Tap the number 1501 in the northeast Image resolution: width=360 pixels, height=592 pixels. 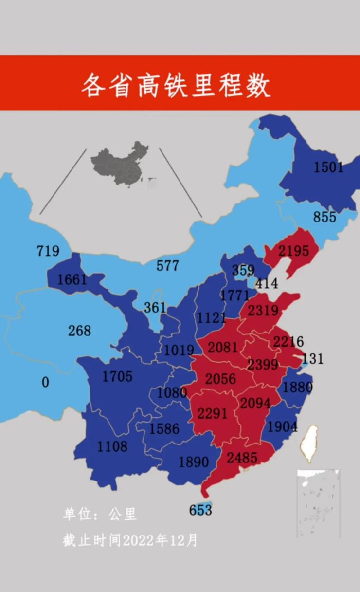coord(328,167)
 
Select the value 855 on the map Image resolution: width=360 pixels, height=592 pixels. coord(324,217)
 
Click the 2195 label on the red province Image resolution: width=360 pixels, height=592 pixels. coord(293,251)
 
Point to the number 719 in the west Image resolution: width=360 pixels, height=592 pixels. coord(48,251)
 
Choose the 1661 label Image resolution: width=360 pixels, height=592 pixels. coord(72,280)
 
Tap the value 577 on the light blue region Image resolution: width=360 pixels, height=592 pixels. coord(167,266)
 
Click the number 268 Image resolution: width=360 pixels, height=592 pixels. coord(79,331)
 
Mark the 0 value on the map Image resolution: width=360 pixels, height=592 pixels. coord(45,383)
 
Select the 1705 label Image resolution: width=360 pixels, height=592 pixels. coord(117,376)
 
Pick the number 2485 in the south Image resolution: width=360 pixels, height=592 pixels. coord(241,458)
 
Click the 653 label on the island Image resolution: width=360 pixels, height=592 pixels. coord(200,510)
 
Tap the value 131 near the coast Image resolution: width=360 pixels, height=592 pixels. coord(312,359)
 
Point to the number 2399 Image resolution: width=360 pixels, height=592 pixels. coord(263,364)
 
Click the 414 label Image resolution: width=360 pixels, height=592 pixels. coord(267,283)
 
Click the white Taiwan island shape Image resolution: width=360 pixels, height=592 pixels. coord(308,444)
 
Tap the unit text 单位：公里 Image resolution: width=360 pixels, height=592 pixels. coord(100,514)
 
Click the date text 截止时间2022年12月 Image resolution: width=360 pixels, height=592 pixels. coord(130,540)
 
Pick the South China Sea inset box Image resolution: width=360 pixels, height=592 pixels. coord(318,503)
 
